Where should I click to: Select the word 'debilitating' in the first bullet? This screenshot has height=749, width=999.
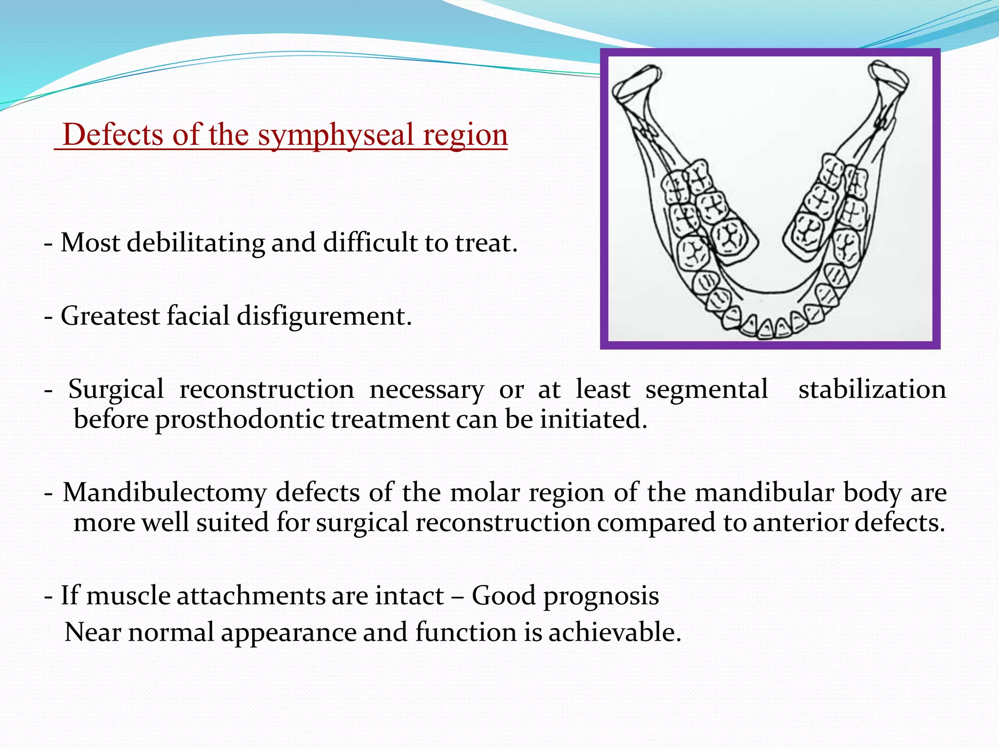(196, 242)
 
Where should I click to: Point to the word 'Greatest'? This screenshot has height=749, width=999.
(110, 316)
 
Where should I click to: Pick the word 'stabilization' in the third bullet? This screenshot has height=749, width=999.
(872, 389)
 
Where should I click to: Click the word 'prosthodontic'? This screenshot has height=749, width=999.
(240, 419)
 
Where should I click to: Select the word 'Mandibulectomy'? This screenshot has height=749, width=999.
(164, 493)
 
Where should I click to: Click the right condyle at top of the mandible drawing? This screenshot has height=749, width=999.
(889, 78)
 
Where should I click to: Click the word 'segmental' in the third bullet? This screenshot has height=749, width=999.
(706, 389)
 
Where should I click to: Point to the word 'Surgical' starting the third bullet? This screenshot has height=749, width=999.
(116, 389)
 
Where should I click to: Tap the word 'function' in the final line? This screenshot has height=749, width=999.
(466, 632)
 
